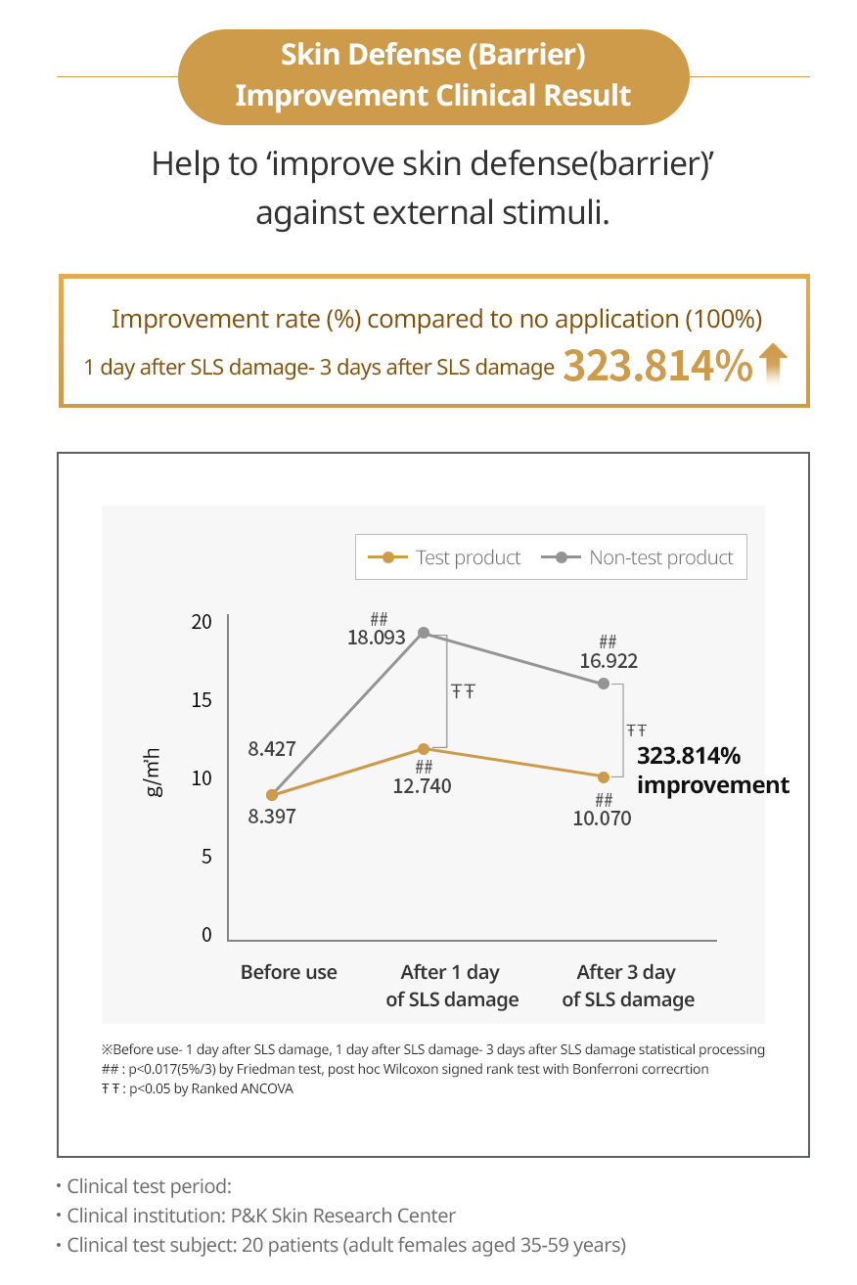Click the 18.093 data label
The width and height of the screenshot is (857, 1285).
377,638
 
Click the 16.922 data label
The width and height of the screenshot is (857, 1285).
608,661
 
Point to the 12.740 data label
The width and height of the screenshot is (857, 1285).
423,785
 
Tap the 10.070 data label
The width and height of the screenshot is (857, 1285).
602,819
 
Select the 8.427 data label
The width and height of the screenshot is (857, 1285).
271,750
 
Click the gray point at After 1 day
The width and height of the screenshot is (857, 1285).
424,633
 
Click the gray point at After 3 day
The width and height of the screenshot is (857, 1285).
604,683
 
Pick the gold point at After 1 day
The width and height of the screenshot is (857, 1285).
424,749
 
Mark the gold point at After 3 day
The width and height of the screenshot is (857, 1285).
604,777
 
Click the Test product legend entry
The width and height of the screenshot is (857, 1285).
445,557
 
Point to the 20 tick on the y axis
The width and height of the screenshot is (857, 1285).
202,622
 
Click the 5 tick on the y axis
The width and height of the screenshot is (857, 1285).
206,857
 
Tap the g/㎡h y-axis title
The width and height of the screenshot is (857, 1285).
155,773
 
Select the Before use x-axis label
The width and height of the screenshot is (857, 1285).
289,972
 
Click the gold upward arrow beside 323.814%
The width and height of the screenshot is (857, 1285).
773,366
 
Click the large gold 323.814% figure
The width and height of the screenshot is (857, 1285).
657,366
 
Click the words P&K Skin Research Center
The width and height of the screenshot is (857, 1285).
343,1217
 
